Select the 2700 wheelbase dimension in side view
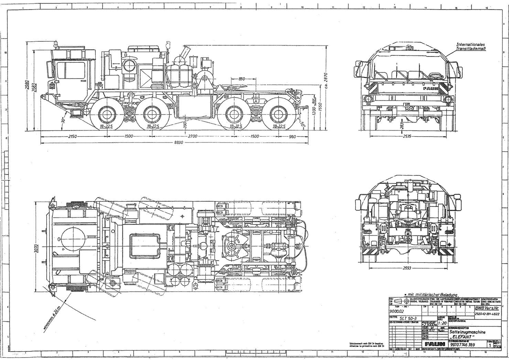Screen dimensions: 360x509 tap(193, 136)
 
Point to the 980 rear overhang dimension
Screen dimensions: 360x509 tap(292, 136)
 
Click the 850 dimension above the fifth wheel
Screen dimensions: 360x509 tap(242, 79)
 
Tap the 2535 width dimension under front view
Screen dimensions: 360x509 tap(407, 136)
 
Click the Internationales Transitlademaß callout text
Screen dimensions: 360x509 tap(470, 46)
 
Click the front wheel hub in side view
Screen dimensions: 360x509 tap(106, 114)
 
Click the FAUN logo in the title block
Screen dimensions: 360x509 tap(434, 344)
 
